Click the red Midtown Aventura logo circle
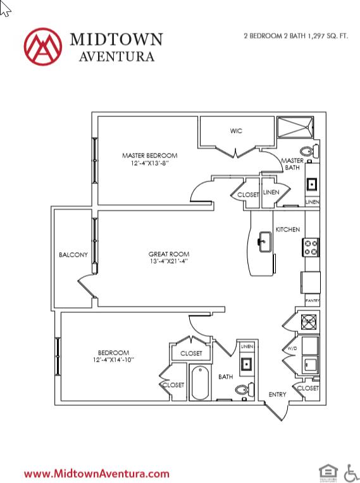click(x=43, y=46)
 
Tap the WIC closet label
click(x=235, y=131)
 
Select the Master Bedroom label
click(x=150, y=156)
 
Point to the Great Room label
click(x=169, y=255)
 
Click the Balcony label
click(x=73, y=255)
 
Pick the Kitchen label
click(x=287, y=229)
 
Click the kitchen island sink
click(x=264, y=240)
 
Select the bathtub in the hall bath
click(x=200, y=383)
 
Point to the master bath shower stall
click(x=295, y=129)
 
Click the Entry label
click(x=277, y=394)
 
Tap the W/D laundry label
click(x=292, y=348)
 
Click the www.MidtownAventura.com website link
click(x=97, y=473)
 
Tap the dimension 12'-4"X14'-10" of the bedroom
click(x=113, y=360)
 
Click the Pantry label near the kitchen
click(x=312, y=300)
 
